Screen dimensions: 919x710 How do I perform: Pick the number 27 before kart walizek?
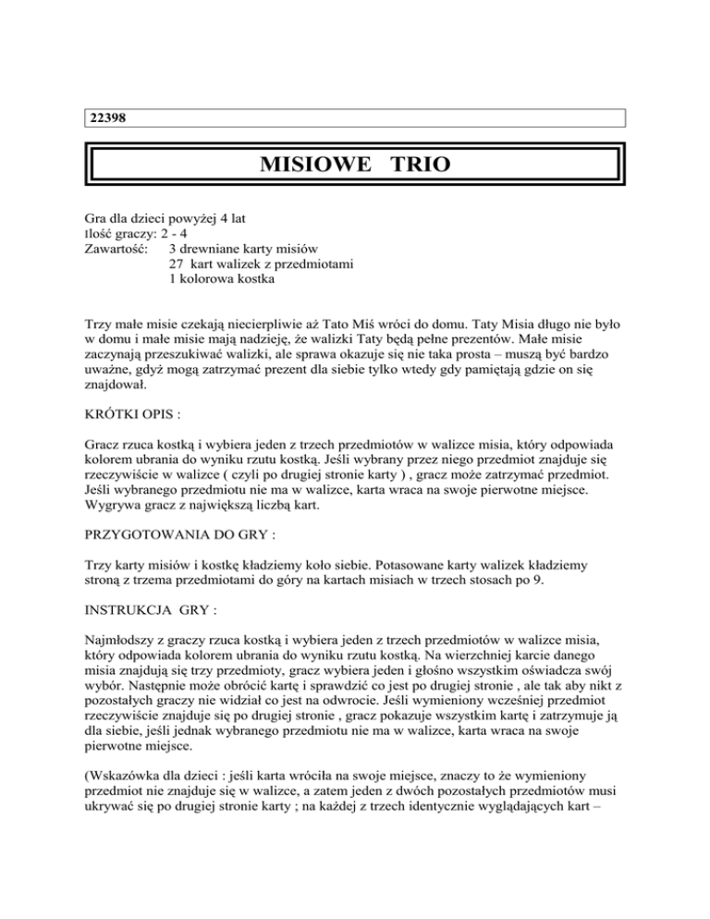[177, 265]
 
